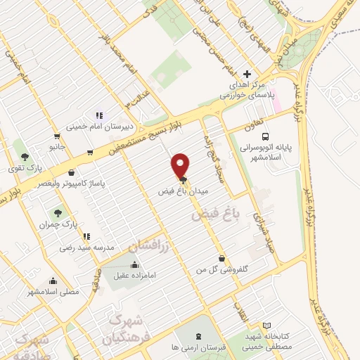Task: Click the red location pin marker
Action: (181, 165)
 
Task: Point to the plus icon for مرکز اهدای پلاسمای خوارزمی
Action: (247, 74)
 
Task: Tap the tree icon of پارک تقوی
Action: (25, 156)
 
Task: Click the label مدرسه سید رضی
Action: (86, 248)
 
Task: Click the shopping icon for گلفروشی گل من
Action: (222, 258)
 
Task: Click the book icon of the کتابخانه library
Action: (266, 326)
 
